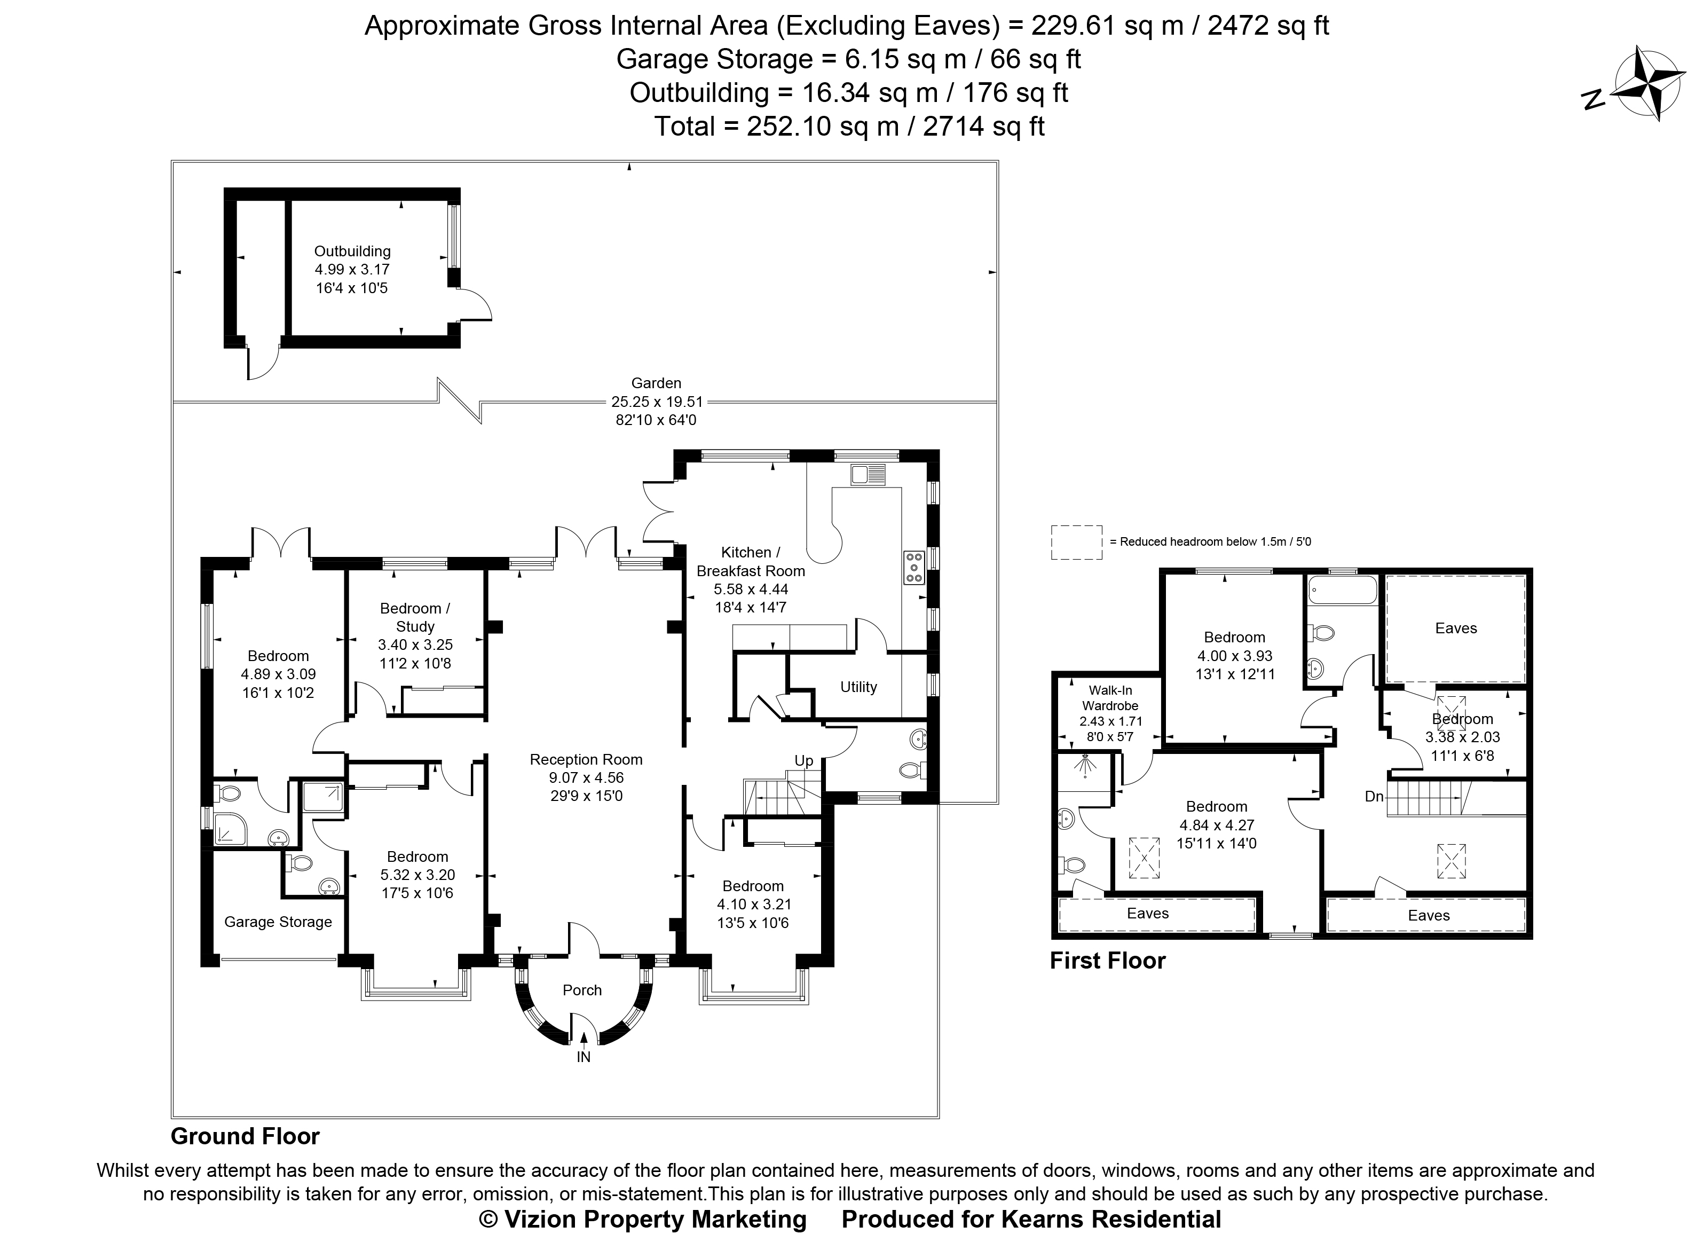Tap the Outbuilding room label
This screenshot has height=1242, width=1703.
click(352, 251)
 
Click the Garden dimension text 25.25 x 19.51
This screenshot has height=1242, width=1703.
click(656, 402)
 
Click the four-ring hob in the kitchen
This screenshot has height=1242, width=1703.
click(914, 568)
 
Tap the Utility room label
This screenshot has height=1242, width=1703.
click(858, 686)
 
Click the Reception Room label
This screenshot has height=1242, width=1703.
click(586, 759)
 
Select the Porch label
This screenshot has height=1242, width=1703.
click(582, 990)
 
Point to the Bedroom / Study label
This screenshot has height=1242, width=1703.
click(415, 617)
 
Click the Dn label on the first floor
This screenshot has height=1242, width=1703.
click(1374, 796)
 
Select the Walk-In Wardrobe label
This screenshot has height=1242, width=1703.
click(1110, 698)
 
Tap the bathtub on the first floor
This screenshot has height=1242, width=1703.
click(1342, 590)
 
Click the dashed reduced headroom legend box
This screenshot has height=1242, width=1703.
click(1076, 542)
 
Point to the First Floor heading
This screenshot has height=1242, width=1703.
click(1107, 961)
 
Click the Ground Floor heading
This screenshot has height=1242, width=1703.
click(245, 1136)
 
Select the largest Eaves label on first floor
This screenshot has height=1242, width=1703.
click(1456, 628)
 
